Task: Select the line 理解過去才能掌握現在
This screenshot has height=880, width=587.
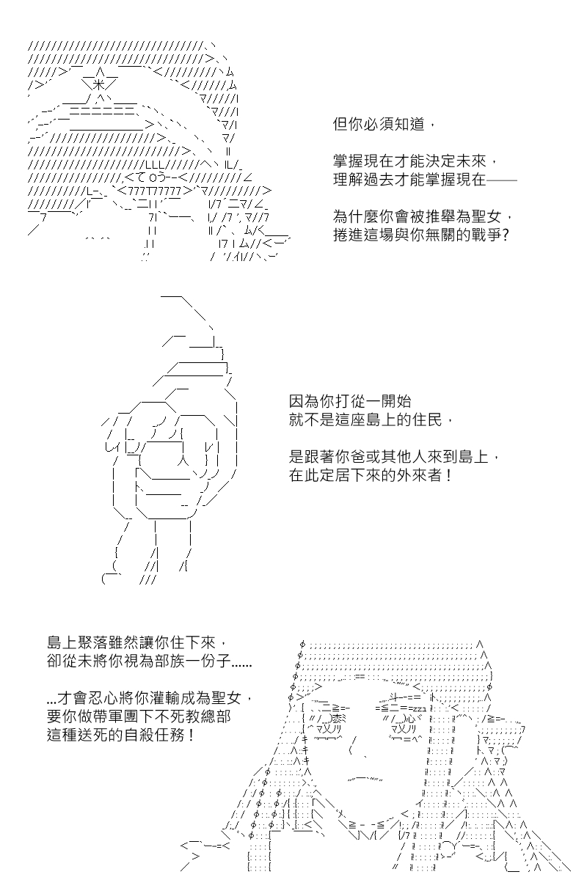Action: pyautogui.click(x=425, y=180)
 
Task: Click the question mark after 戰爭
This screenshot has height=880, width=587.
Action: pyautogui.click(x=506, y=235)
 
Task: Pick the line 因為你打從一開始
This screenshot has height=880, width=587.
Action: pyautogui.click(x=350, y=402)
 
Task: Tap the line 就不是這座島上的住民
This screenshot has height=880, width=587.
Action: pyautogui.click(x=371, y=420)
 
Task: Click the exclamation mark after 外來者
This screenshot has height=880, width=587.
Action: pyautogui.click(x=448, y=475)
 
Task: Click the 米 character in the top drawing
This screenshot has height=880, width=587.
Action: pyautogui.click(x=98, y=84)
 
